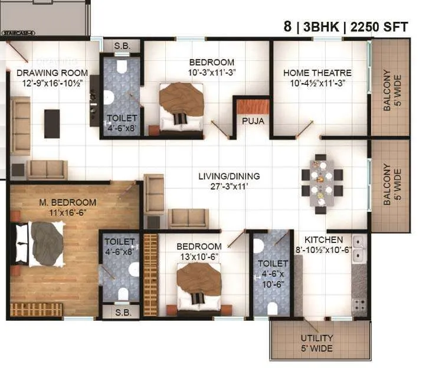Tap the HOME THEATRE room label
[317, 73]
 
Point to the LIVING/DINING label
[228, 176]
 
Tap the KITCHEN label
[323, 239]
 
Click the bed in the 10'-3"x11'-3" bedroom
[181, 106]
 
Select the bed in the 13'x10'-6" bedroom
[199, 286]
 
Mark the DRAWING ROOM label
[52, 73]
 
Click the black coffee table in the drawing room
[52, 123]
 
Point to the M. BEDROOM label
[68, 202]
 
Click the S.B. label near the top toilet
[123, 46]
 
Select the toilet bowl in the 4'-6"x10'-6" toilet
[272, 307]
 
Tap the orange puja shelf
[253, 106]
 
